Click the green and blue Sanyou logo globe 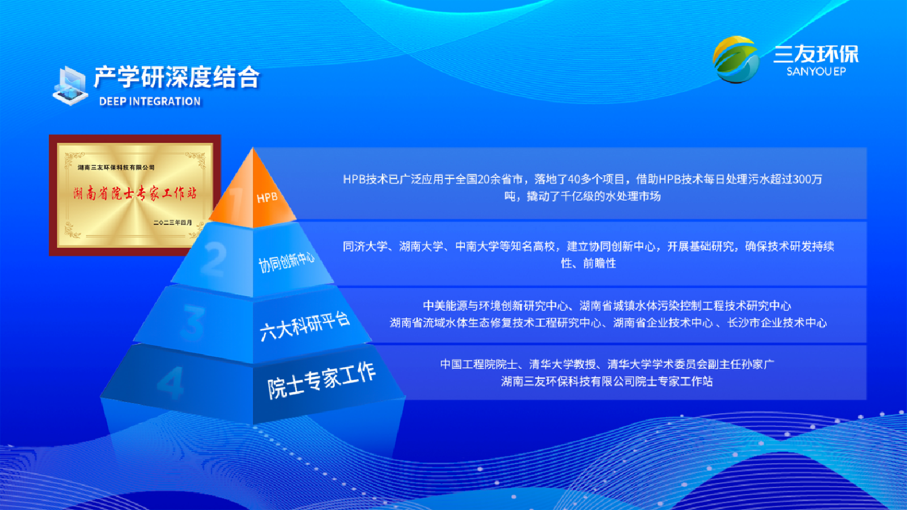[x=735, y=59]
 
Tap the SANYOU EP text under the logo [x=816, y=71]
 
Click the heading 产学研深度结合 [x=176, y=77]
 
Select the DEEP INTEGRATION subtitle [x=150, y=101]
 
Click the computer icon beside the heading [x=70, y=86]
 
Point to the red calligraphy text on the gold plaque [x=135, y=194]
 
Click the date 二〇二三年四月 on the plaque [x=172, y=223]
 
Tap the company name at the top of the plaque [x=116, y=167]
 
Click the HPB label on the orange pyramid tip [x=267, y=198]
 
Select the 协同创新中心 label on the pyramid [x=287, y=262]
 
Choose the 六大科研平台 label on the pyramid [x=305, y=327]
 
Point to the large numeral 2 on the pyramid [x=213, y=259]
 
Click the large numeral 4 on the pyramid [x=171, y=382]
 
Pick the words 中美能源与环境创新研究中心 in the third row [x=495, y=306]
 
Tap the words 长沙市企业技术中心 [x=777, y=323]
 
